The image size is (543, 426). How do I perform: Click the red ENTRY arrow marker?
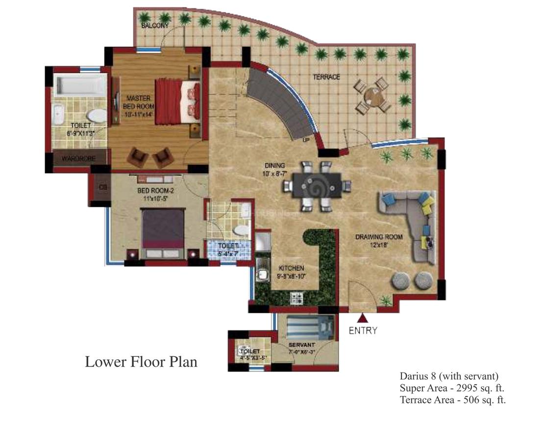coord(363,319)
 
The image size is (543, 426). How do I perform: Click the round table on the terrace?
coord(373,96)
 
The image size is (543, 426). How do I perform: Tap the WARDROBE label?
coord(77,158)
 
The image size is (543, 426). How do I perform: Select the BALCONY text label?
coord(155,25)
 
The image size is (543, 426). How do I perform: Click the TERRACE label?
coord(326,77)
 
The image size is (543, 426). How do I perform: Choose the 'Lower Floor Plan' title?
coord(141,362)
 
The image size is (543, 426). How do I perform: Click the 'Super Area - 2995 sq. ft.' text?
coord(452,388)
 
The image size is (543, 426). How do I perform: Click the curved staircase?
coord(282,103)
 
